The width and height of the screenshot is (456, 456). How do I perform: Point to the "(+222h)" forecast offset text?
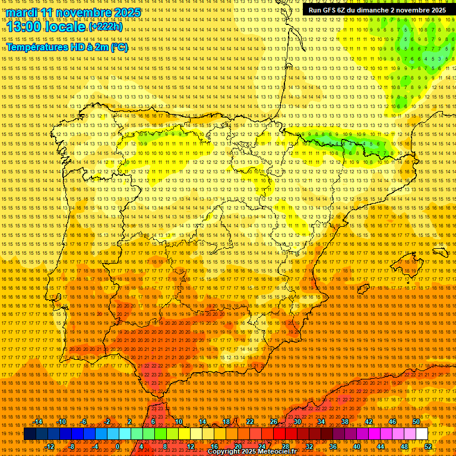click(106, 27)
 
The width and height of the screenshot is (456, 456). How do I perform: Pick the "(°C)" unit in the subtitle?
click(119, 47)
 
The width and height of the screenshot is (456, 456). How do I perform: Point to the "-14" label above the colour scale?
click(38, 422)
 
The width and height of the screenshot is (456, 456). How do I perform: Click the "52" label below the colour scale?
click(428, 446)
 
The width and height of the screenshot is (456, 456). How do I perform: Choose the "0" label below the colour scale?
click(118, 446)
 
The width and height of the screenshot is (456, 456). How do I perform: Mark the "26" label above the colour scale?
click(274, 422)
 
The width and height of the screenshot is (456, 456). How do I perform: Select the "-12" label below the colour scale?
click(50, 446)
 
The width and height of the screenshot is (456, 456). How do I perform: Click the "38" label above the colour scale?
click(344, 422)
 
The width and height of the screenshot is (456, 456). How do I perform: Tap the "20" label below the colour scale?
click(237, 446)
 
